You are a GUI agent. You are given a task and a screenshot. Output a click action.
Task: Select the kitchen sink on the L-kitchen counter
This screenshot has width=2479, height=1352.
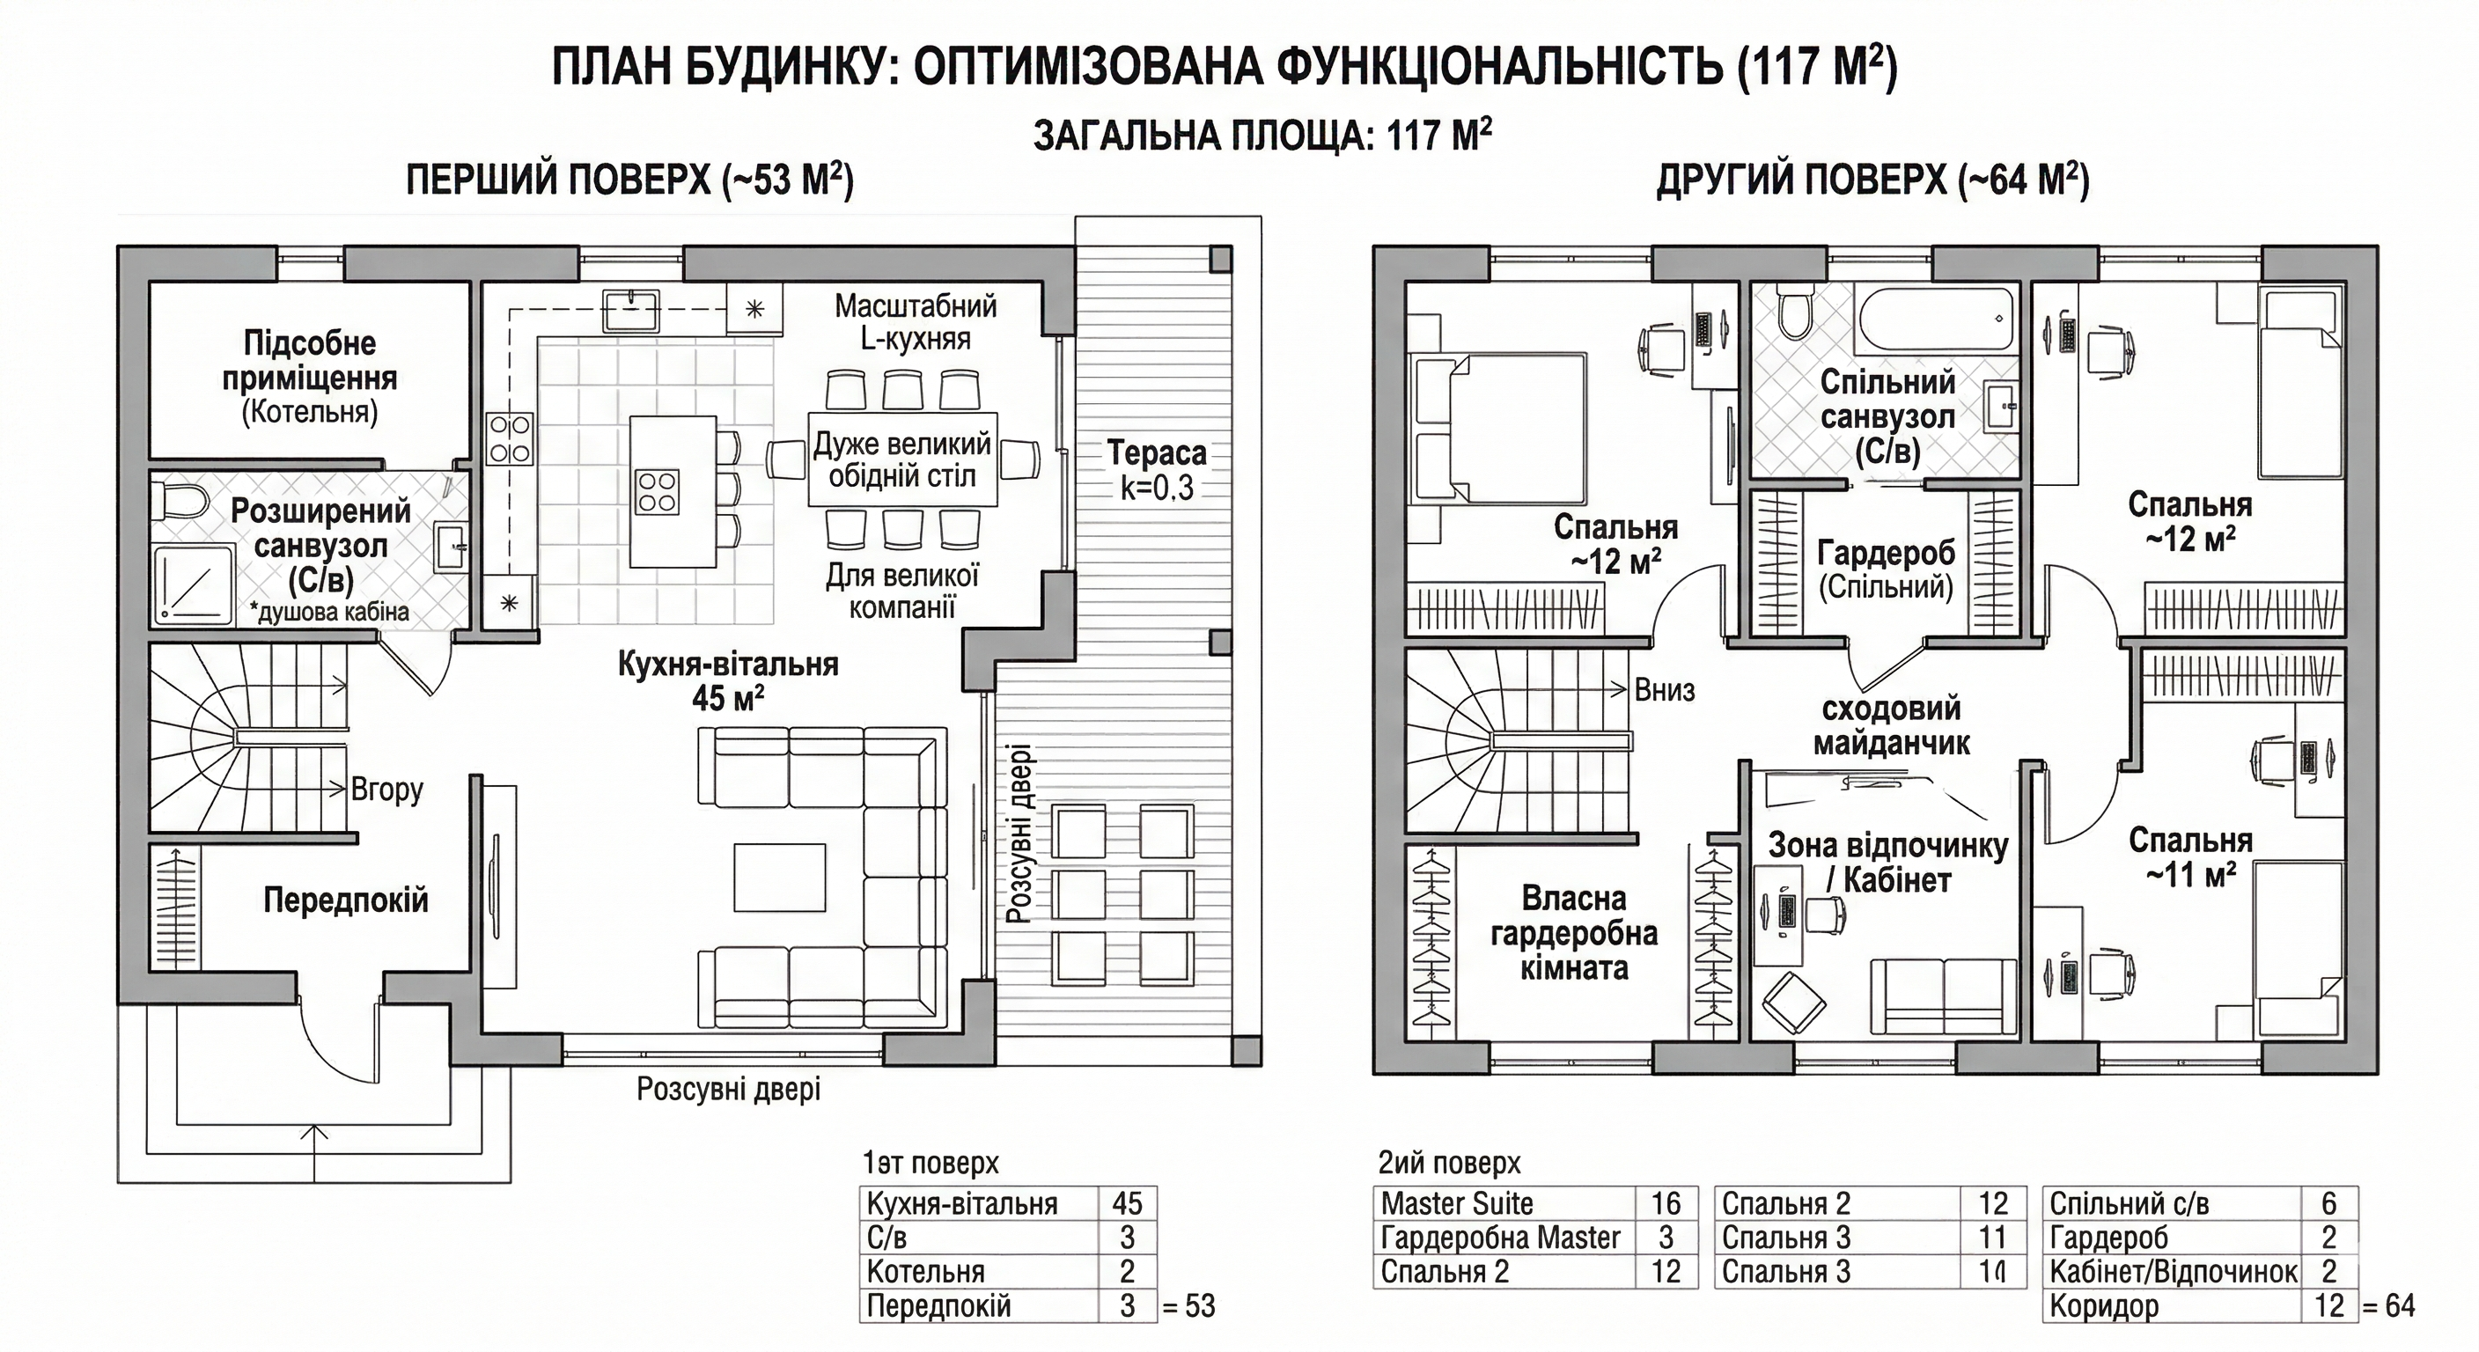click(630, 310)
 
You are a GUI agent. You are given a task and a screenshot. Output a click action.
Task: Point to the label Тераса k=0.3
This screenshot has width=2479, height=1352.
click(1156, 470)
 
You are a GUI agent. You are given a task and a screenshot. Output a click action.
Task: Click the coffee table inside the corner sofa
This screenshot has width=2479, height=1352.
click(779, 877)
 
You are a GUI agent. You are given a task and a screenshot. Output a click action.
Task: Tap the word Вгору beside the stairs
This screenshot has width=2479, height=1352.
click(386, 790)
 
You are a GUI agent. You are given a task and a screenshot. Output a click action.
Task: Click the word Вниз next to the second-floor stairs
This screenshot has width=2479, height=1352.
click(1664, 690)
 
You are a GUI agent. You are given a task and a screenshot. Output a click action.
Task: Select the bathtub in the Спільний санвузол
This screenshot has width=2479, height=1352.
click(1934, 320)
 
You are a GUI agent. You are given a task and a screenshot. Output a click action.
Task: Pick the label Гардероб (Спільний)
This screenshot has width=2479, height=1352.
click(1887, 569)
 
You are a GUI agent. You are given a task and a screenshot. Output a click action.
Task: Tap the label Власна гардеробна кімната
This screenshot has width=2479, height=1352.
click(1573, 932)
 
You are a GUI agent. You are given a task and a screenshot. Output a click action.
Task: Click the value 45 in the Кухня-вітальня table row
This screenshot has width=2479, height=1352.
click(1127, 1203)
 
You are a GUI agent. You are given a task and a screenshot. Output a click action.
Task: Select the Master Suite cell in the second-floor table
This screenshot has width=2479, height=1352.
click(1456, 1203)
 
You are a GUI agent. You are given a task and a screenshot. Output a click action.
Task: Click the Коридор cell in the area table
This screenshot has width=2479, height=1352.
click(2104, 1306)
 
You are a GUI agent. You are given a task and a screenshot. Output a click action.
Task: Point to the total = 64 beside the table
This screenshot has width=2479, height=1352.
click(2387, 1306)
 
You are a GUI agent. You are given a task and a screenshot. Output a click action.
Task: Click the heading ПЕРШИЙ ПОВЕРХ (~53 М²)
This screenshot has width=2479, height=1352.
click(629, 180)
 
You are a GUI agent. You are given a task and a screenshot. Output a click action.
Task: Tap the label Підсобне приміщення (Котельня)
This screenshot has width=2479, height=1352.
click(309, 376)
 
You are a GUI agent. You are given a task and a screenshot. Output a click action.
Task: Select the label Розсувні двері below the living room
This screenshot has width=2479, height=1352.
click(729, 1090)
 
